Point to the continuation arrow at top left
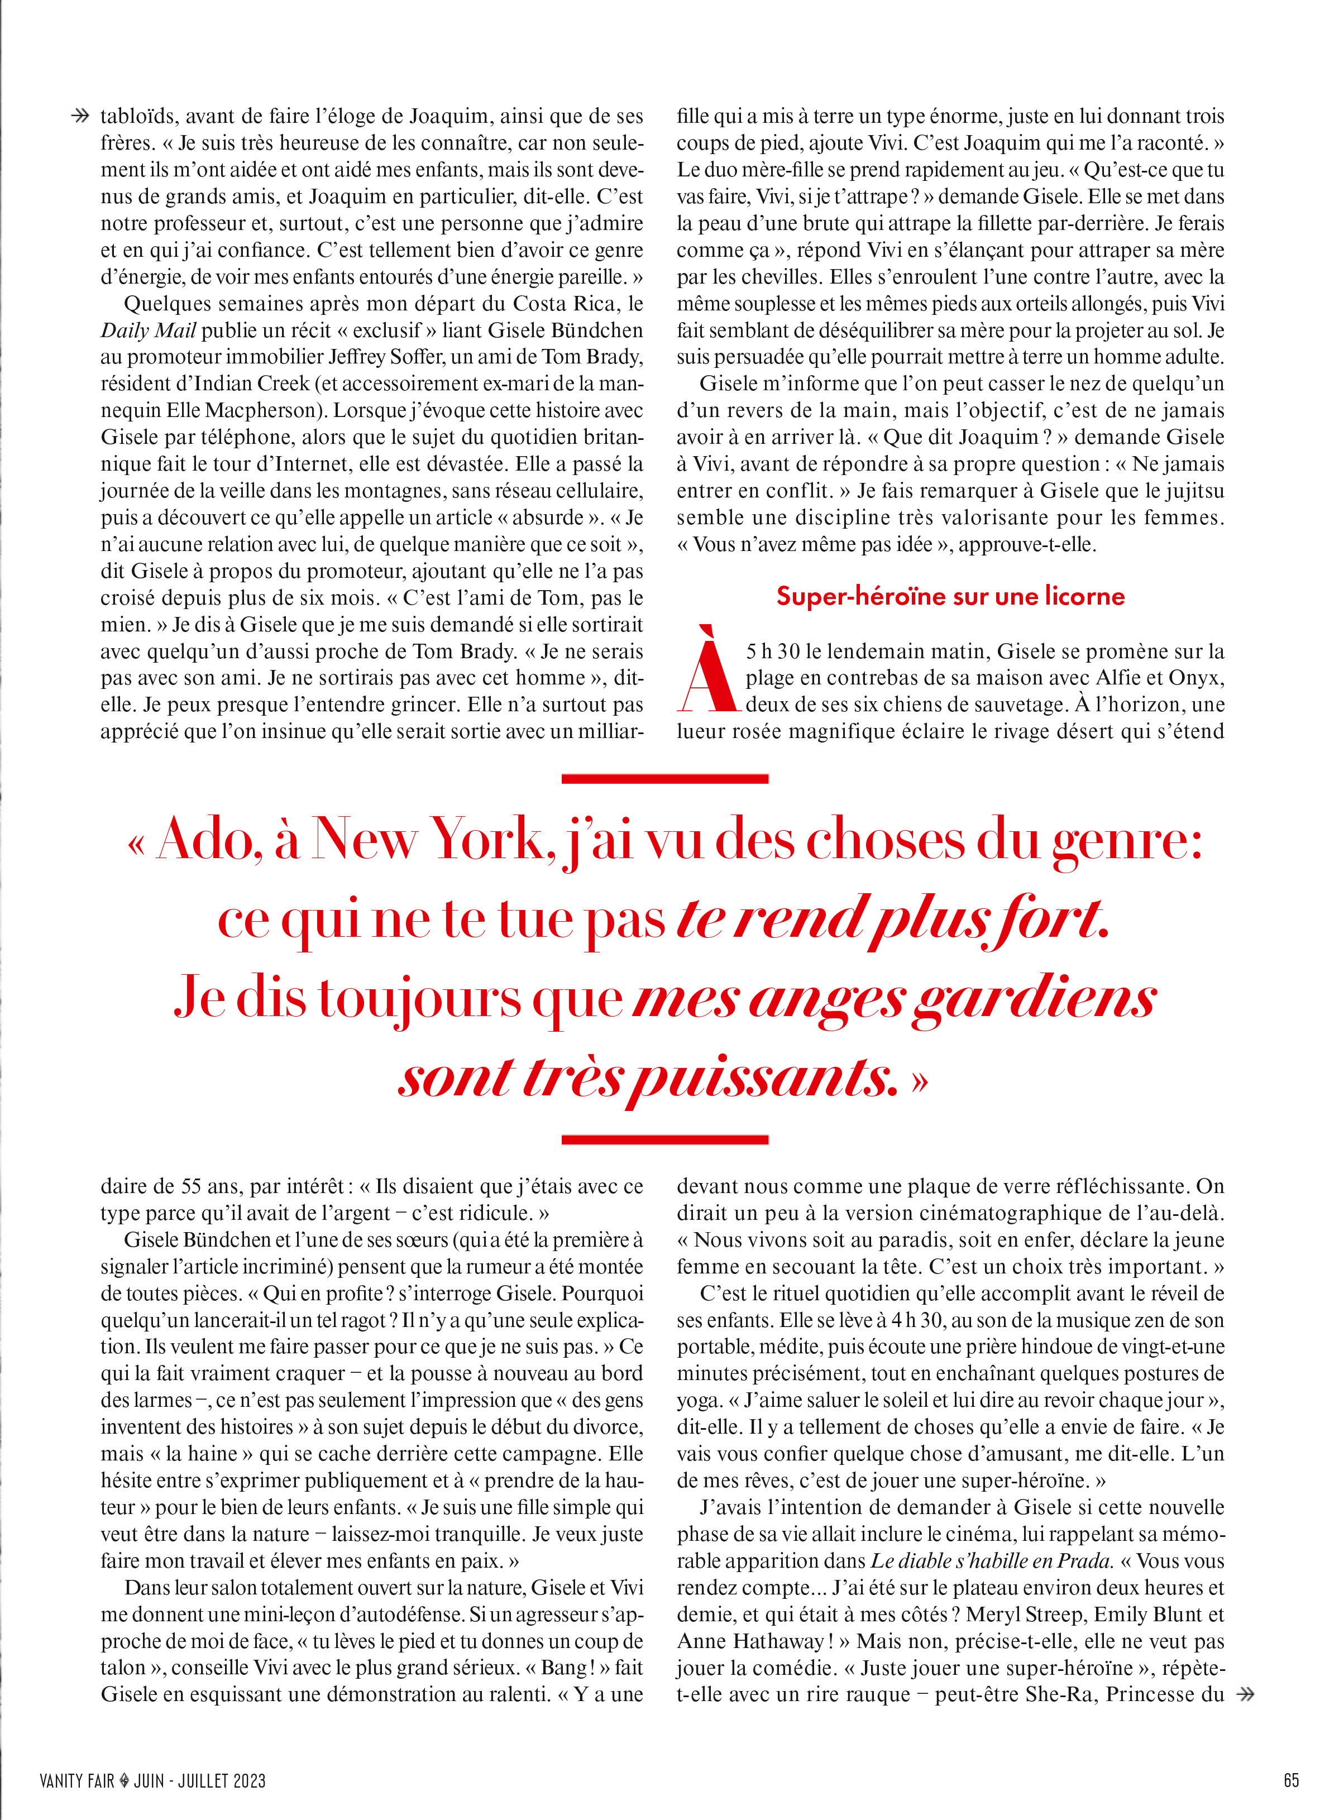pyautogui.click(x=80, y=117)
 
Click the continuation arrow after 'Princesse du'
pyautogui.click(x=1245, y=1694)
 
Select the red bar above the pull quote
pyautogui.click(x=664, y=779)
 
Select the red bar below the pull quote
pyautogui.click(x=664, y=1139)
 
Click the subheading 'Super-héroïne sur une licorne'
pyautogui.click(x=950, y=596)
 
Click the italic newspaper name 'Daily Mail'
pyautogui.click(x=149, y=331)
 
